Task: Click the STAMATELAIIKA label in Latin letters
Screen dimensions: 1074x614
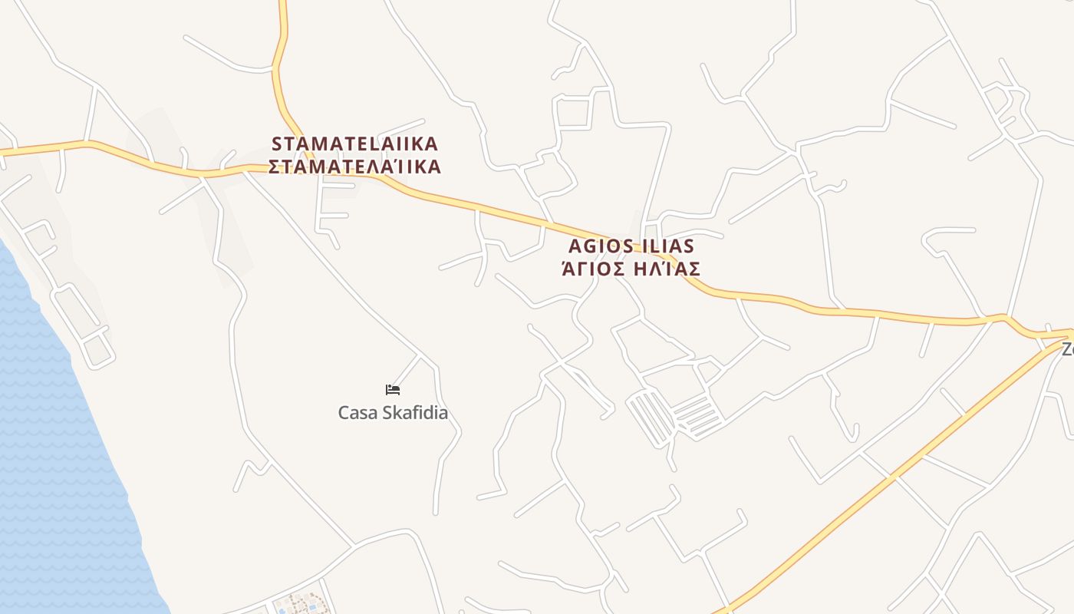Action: coord(354,144)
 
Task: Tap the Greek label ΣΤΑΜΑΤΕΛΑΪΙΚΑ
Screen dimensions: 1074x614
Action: coord(354,167)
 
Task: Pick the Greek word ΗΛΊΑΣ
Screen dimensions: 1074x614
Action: coord(667,269)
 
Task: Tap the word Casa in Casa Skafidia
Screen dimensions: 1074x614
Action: coord(357,413)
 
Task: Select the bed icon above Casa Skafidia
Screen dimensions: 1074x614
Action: coord(393,390)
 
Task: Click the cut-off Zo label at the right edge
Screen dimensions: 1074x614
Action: coord(1067,348)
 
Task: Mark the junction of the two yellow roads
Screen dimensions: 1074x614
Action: coord(1062,336)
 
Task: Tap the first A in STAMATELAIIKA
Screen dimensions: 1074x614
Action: coord(305,144)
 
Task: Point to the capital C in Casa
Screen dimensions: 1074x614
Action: coord(344,413)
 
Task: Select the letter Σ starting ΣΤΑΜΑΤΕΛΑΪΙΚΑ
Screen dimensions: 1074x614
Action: coord(275,167)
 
